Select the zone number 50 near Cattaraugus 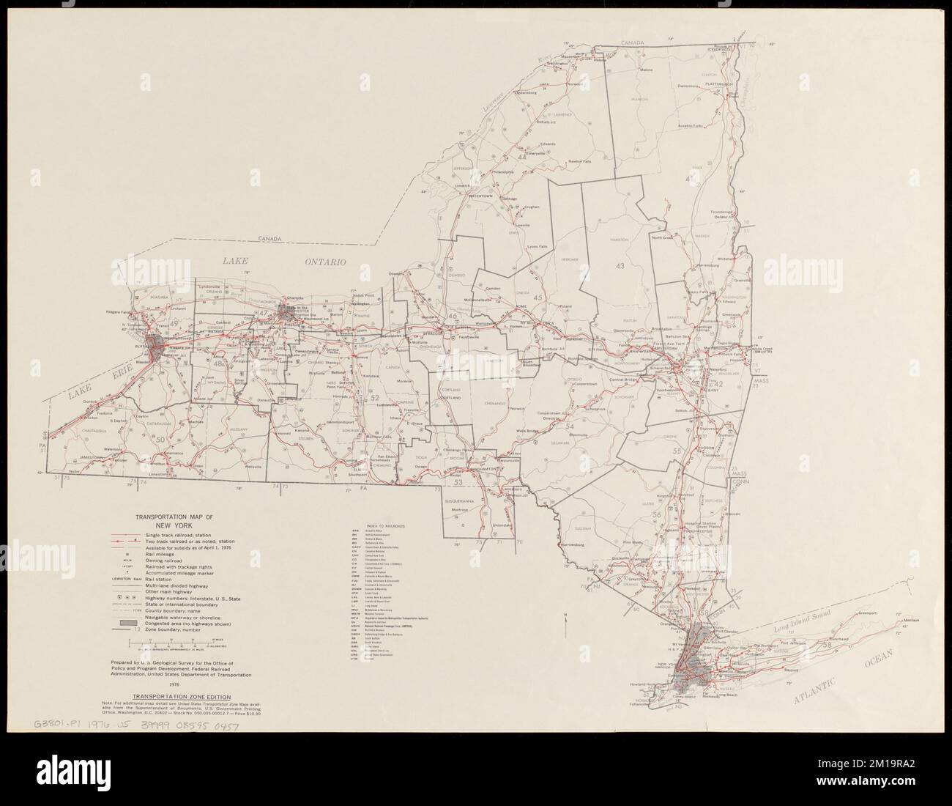[160, 438]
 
